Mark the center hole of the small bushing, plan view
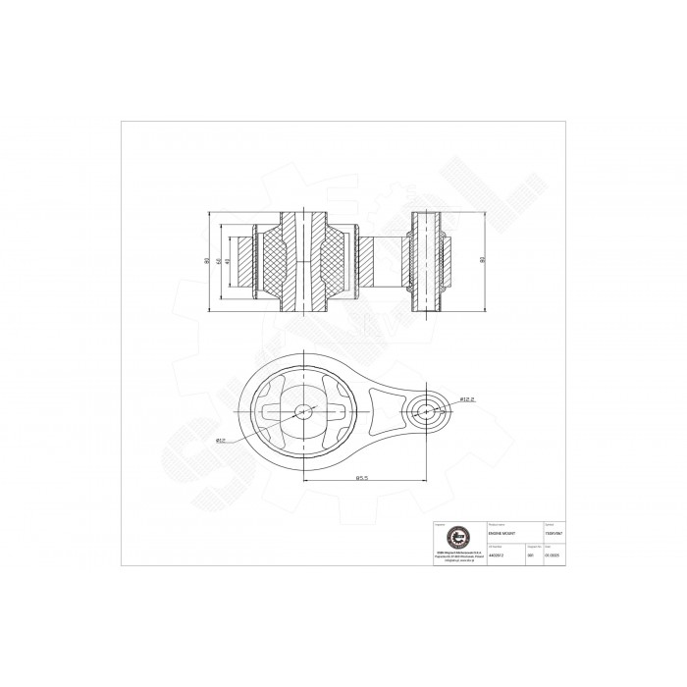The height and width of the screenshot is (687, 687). click(x=428, y=410)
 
